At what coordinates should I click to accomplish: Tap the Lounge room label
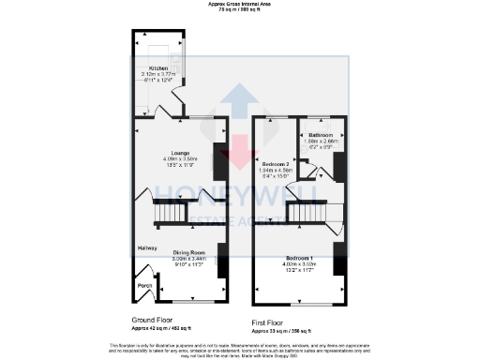180,152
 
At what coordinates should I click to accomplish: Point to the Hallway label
147,247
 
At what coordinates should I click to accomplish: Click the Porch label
145,285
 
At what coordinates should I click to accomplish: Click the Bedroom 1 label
299,257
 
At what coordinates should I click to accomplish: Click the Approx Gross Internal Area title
240,5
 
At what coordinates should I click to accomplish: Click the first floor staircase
306,214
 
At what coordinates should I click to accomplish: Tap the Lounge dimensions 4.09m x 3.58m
180,158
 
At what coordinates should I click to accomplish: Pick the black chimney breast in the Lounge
220,161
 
